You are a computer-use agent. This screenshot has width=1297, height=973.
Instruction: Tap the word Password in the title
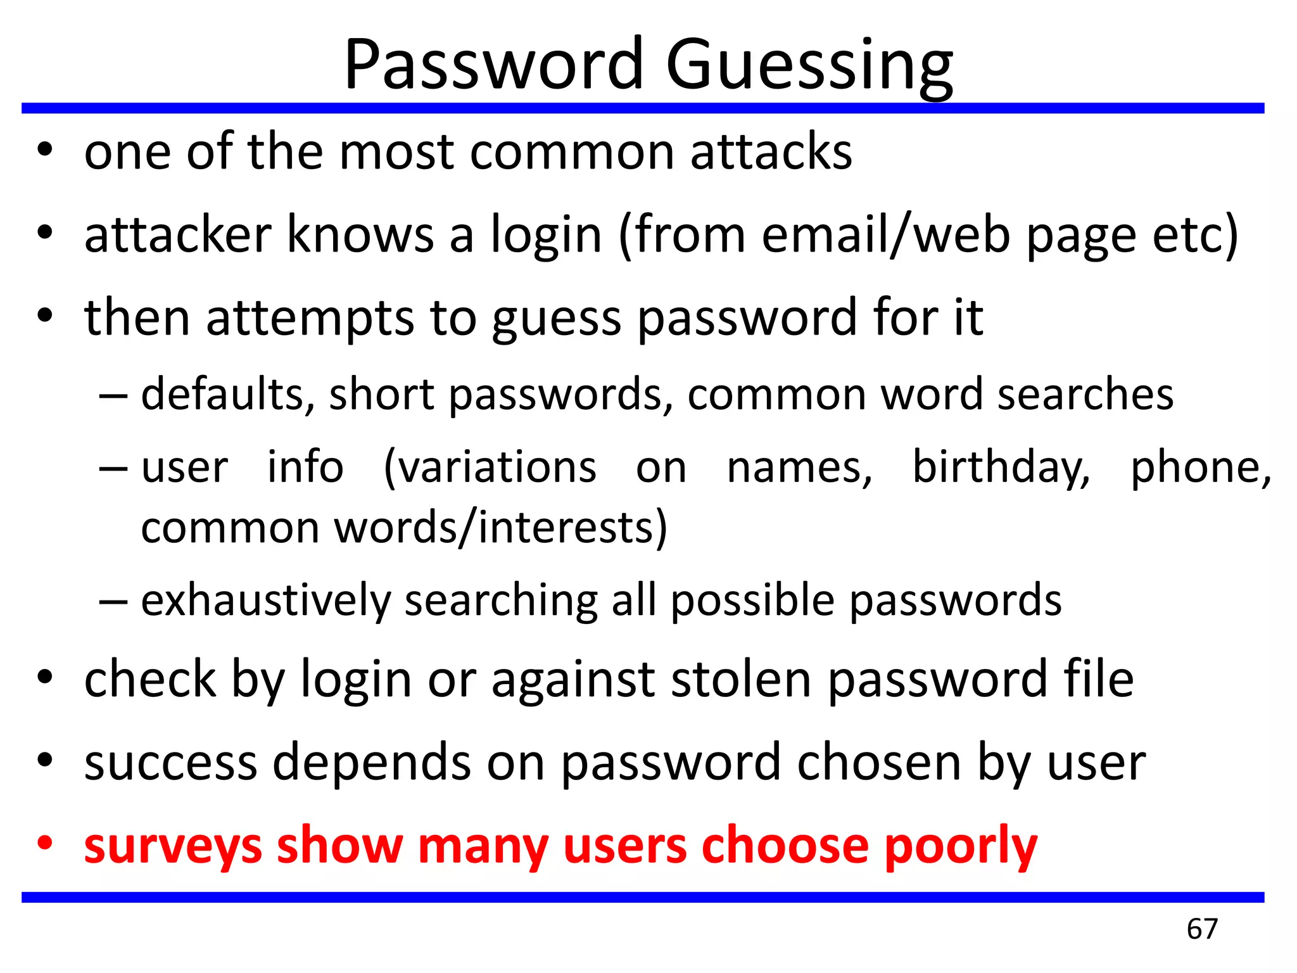click(x=493, y=65)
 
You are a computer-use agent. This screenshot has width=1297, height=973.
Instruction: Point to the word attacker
click(x=178, y=235)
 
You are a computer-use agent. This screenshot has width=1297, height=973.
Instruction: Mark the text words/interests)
click(x=500, y=528)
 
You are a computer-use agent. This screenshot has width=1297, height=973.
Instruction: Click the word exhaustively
click(x=266, y=601)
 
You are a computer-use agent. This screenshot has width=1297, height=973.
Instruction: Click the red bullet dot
click(x=44, y=844)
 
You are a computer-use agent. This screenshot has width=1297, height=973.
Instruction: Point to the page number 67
click(x=1202, y=929)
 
